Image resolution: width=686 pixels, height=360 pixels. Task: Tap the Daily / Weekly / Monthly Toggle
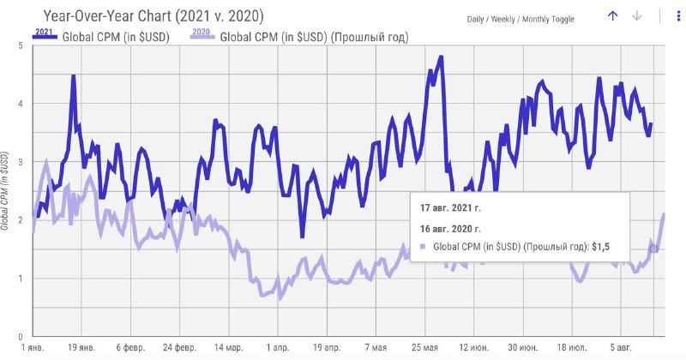click(521, 19)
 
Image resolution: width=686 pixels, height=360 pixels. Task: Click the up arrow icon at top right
click(612, 16)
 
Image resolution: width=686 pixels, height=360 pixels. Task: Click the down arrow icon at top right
click(637, 16)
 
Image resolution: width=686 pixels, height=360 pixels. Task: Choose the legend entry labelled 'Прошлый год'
click(314, 37)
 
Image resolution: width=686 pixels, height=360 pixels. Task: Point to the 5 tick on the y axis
click(21, 45)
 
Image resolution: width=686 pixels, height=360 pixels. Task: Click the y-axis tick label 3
click(21, 161)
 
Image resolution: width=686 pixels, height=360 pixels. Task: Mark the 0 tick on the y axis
click(21, 337)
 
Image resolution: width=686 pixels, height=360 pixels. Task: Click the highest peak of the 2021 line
click(441, 57)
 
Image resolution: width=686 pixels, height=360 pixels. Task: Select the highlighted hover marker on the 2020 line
click(653, 249)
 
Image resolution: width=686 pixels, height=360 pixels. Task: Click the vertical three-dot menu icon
click(662, 16)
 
